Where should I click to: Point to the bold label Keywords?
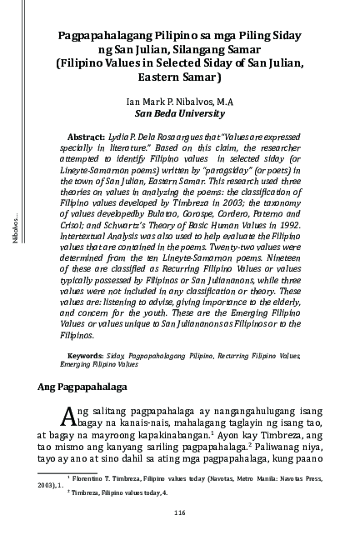click(86, 355)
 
